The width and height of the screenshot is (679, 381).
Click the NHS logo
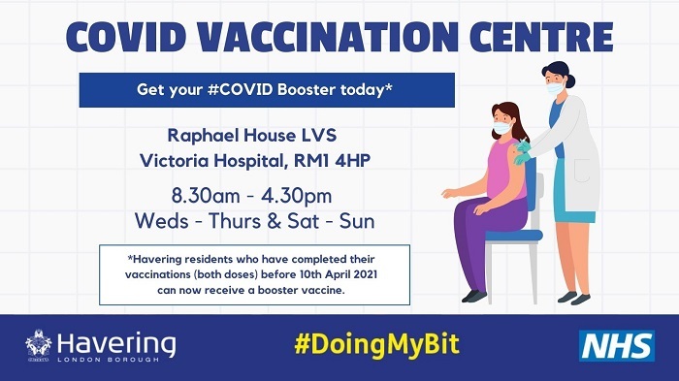[617, 345]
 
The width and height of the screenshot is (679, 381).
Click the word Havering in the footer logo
[116, 342]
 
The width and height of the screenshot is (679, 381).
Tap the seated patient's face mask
[501, 127]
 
